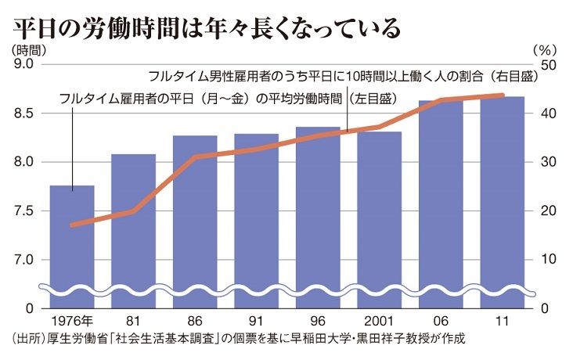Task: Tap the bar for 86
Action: tap(195, 235)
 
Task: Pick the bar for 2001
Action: tap(379, 235)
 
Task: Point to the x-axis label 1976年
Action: tap(71, 322)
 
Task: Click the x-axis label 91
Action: tap(256, 322)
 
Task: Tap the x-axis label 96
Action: tap(317, 322)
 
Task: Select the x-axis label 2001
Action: tap(379, 322)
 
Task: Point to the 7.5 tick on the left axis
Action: tap(23, 211)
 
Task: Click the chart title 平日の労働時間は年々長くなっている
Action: tap(207, 25)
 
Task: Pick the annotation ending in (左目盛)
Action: tap(227, 100)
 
